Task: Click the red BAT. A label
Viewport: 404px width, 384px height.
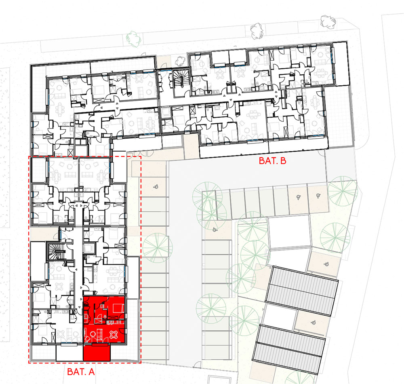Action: pos(81,371)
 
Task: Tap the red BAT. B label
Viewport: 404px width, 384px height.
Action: pos(272,161)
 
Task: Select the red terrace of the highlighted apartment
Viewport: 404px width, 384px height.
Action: pos(97,352)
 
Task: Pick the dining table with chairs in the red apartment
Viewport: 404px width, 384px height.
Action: pos(114,335)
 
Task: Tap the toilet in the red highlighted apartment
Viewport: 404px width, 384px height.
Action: pos(105,316)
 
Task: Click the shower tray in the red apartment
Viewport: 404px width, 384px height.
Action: pos(98,321)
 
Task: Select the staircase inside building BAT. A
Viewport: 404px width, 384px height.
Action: pos(55,251)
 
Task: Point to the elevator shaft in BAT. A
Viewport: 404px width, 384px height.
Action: pos(89,249)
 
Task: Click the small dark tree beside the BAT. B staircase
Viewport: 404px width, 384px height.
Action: pos(180,61)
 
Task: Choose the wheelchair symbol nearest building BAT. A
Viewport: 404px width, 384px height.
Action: pos(156,187)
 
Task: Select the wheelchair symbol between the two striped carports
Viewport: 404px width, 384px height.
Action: pos(313,322)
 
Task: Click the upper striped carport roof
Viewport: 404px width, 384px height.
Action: pos(302,291)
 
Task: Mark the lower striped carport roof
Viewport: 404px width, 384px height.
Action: pos(288,349)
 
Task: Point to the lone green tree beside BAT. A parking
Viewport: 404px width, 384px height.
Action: pos(158,248)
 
